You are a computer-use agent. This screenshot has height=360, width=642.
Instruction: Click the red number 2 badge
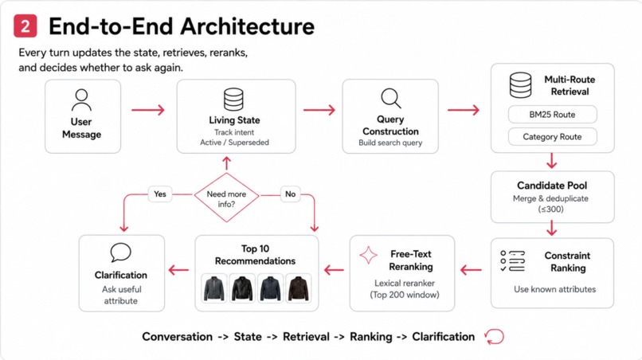[x=25, y=26]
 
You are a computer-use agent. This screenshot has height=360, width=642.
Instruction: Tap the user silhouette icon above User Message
[x=81, y=100]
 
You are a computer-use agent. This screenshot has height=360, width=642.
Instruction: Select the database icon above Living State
[x=233, y=100]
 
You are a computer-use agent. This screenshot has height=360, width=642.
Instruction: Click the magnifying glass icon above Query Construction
[x=391, y=98]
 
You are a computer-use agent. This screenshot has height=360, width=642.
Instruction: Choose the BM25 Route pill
[x=552, y=114]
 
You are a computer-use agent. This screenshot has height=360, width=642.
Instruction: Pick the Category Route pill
[x=552, y=137]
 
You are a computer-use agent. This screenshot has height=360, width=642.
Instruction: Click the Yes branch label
[x=160, y=194]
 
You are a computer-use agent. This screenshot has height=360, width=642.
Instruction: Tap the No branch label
[x=290, y=194]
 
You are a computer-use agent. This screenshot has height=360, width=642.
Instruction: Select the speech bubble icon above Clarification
[x=121, y=252]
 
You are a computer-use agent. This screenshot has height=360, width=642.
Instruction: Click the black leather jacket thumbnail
[x=242, y=288]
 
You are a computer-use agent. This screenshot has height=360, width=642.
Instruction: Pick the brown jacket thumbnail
[x=298, y=288]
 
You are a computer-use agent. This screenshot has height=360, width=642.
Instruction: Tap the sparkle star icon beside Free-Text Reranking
[x=368, y=255]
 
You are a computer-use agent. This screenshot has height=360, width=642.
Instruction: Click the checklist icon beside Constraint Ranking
[x=512, y=261]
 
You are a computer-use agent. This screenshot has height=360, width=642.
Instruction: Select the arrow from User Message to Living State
[x=148, y=110]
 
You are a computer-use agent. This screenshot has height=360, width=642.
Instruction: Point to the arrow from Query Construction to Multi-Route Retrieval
[x=463, y=110]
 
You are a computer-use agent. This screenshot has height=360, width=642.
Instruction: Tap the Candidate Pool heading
[x=552, y=186]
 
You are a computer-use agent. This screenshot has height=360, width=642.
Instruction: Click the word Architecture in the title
[x=247, y=26]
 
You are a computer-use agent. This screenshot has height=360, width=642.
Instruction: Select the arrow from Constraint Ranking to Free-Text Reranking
[x=471, y=270]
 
